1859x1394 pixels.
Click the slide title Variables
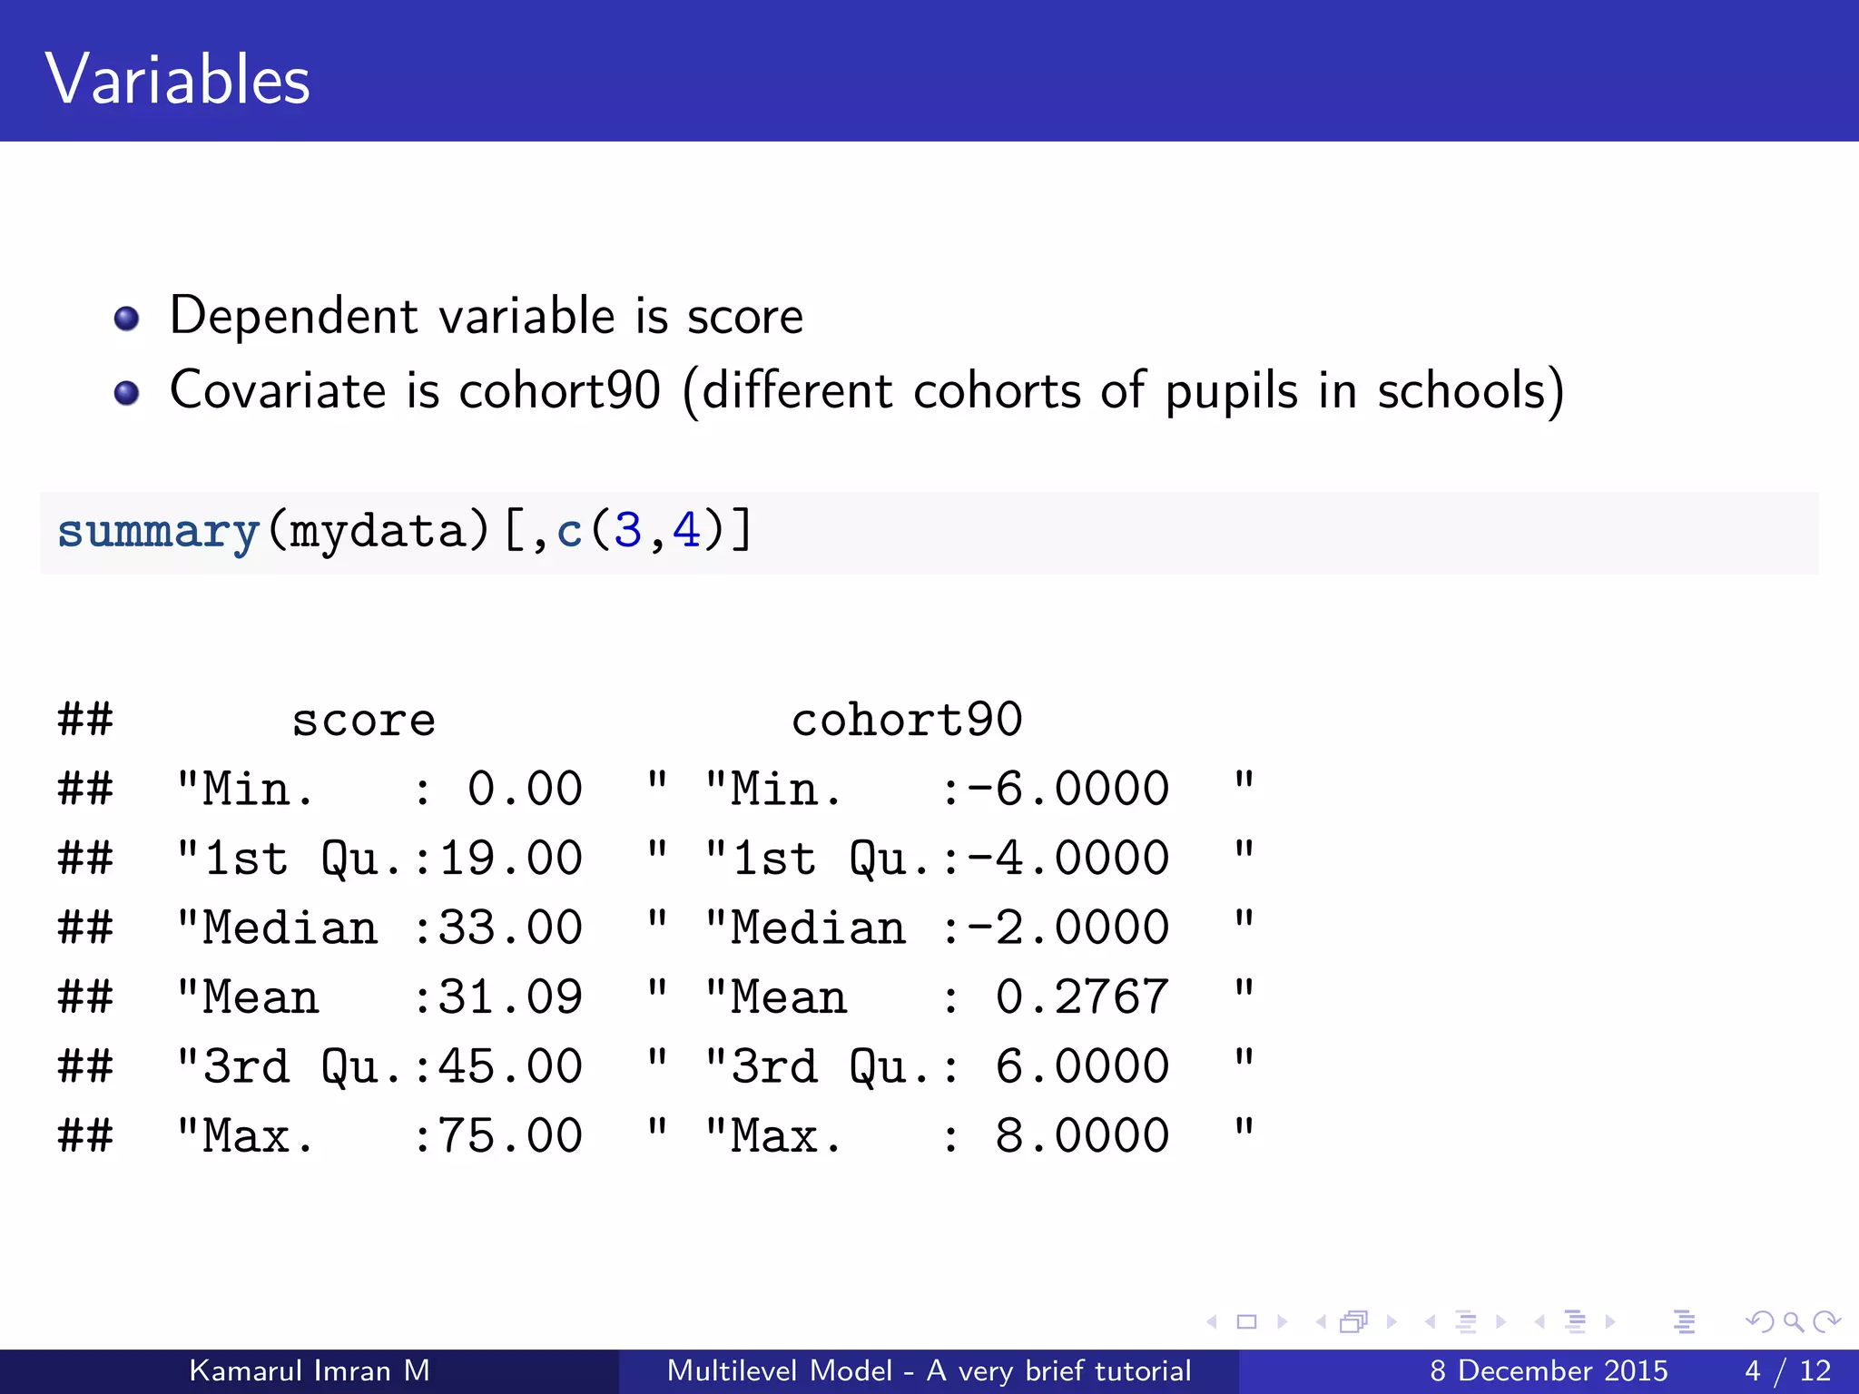(177, 80)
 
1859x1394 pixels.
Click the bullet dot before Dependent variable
(126, 319)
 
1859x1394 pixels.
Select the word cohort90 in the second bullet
(559, 391)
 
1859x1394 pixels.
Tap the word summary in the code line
(158, 532)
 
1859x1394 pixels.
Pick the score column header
(363, 722)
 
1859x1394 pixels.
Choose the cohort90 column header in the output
(906, 721)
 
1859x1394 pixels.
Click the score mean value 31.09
(510, 997)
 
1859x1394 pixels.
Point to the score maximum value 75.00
(510, 1136)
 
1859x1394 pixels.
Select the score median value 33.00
(510, 928)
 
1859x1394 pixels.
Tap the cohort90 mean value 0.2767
(1081, 997)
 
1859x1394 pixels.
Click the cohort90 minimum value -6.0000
(1067, 790)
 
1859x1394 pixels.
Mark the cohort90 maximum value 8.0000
(1081, 1136)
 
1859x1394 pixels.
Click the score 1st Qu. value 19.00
(510, 859)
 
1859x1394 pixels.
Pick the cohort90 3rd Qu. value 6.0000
(1081, 1066)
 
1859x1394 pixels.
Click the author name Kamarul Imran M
(309, 1370)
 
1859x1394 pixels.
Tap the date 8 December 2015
(1549, 1370)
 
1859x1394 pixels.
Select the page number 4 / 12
(1787, 1370)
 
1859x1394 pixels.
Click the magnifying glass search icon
(1793, 1321)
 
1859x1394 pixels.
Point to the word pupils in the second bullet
(1231, 392)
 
